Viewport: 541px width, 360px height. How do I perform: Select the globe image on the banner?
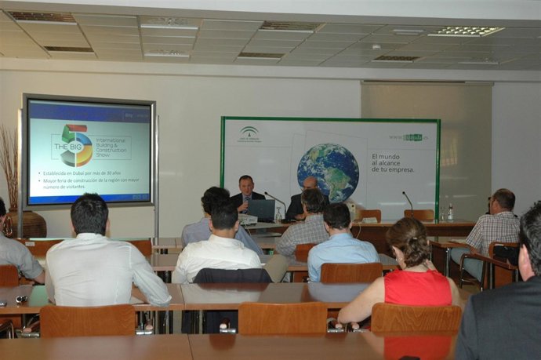[328, 172]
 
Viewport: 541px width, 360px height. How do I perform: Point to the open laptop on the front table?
[261, 209]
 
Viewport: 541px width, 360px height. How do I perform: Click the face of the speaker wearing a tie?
[246, 186]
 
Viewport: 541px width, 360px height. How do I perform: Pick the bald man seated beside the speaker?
[308, 184]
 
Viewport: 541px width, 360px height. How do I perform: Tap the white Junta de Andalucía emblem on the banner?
[249, 131]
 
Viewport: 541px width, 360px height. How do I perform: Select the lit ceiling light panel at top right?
[465, 31]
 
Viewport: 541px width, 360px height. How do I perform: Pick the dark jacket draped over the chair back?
[231, 276]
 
